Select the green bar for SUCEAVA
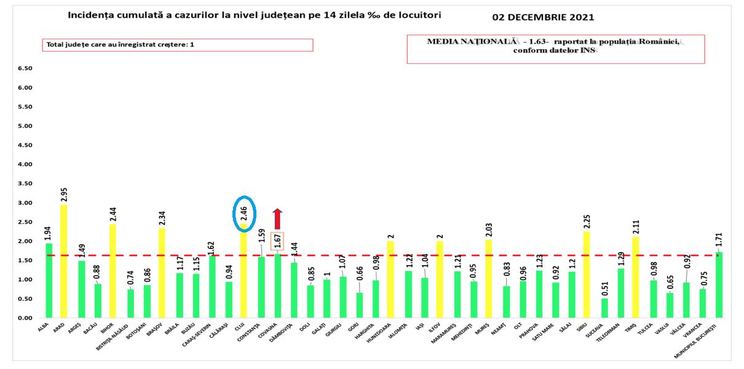(x=604, y=308)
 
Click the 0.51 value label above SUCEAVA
(x=604, y=288)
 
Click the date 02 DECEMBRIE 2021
(x=544, y=17)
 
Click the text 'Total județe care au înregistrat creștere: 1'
(x=121, y=45)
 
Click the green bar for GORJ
(x=359, y=305)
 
